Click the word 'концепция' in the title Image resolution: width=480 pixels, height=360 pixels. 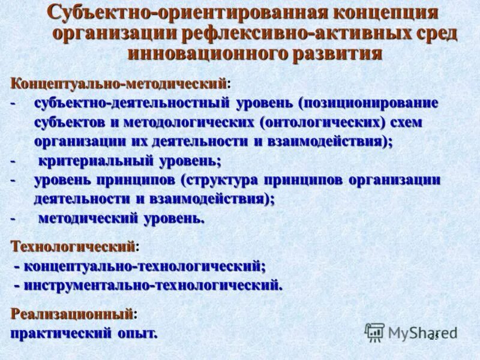pos(376,12)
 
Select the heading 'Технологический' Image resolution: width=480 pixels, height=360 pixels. pos(73,246)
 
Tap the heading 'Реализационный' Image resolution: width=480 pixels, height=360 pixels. pos(72,313)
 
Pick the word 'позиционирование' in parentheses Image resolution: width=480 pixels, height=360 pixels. pos(371,103)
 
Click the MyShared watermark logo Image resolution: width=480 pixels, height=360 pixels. pos(408,332)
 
